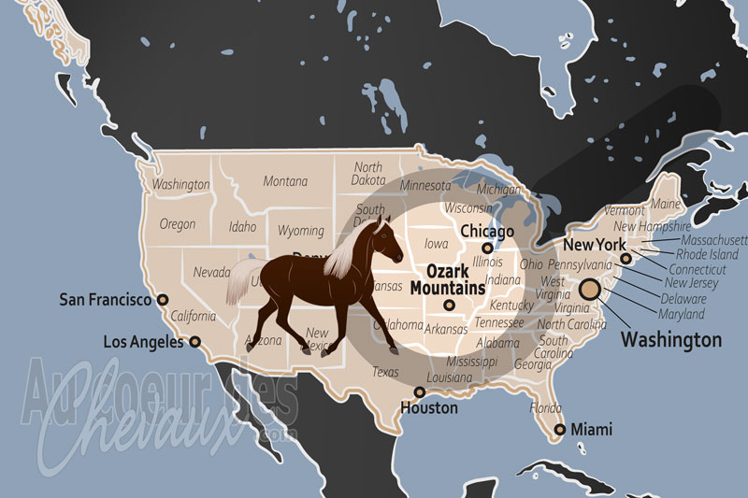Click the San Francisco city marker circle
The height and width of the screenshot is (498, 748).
pyautogui.click(x=163, y=300)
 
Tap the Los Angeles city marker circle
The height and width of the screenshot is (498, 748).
pyautogui.click(x=194, y=342)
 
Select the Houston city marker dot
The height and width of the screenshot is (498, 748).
pyautogui.click(x=418, y=392)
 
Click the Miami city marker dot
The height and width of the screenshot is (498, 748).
pyautogui.click(x=559, y=430)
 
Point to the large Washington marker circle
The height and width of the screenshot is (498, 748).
pyautogui.click(x=590, y=290)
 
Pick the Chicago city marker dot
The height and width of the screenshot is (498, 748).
pyautogui.click(x=486, y=248)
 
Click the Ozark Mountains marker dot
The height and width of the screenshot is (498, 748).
pyautogui.click(x=449, y=305)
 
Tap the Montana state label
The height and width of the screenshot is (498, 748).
pyautogui.click(x=285, y=181)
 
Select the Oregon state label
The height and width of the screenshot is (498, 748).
pyautogui.click(x=178, y=224)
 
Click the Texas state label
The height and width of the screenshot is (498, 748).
pyautogui.click(x=385, y=372)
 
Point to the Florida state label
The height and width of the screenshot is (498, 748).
pyautogui.click(x=546, y=408)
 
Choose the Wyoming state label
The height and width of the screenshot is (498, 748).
pyautogui.click(x=301, y=231)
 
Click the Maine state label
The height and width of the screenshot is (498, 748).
pyautogui.click(x=665, y=204)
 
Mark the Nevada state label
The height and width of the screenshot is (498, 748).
pyautogui.click(x=211, y=272)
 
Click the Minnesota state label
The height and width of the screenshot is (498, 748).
pyautogui.click(x=424, y=185)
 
